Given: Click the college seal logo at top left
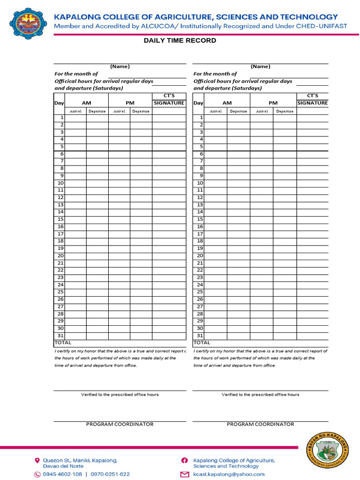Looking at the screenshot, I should tap(28, 23).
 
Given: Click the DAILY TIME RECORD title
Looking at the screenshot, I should tap(180, 41).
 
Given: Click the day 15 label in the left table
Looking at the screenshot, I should tap(60, 219).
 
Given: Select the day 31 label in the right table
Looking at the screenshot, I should tap(200, 336).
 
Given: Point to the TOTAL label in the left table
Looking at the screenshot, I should tap(63, 343).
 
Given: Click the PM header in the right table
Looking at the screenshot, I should tap(273, 103).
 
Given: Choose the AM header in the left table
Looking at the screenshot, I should tap(87, 103).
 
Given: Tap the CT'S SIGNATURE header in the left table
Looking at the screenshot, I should tap(169, 100).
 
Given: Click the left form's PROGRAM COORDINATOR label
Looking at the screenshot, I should tap(120, 424).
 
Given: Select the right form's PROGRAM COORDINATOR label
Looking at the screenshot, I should tap(261, 424).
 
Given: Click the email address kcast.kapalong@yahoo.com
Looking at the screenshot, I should tap(229, 474).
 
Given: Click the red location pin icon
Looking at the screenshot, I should tap(37, 461).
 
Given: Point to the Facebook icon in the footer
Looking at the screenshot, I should tap(185, 461).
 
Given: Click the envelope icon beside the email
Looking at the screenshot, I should tap(185, 474).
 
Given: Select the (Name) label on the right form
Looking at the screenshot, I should tap(260, 67).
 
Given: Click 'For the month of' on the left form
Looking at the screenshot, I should tap(76, 74).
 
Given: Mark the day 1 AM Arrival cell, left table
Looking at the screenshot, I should tap(75, 118).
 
